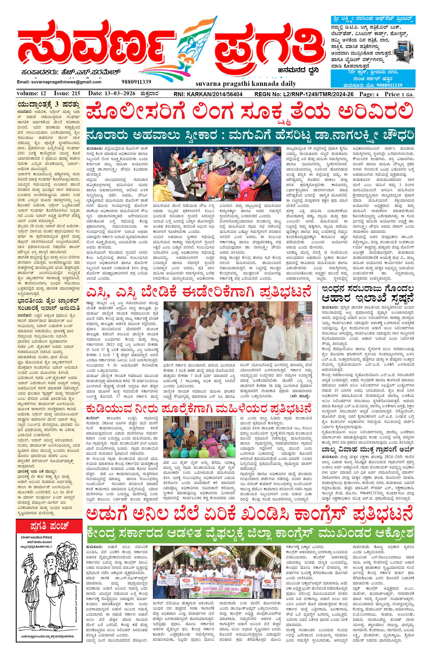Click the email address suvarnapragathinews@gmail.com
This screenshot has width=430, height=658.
[x=59, y=82]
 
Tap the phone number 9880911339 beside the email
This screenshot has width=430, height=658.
[x=136, y=82]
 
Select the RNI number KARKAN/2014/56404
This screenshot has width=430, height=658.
[x=208, y=94]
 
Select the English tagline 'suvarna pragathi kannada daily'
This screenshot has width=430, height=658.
[x=246, y=84]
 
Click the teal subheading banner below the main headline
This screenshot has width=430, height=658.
[x=250, y=136]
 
